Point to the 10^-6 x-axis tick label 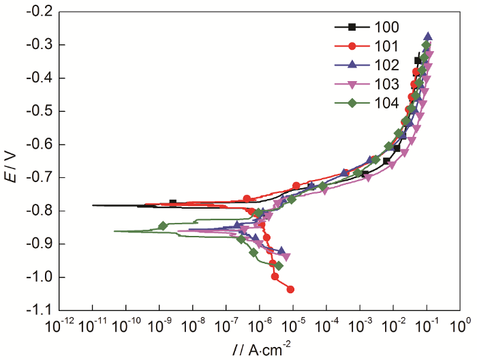pyautogui.click(x=260, y=324)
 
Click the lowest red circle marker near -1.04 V pyautogui.click(x=290, y=289)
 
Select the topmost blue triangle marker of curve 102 pyautogui.click(x=428, y=37)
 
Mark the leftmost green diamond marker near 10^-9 pyautogui.click(x=163, y=226)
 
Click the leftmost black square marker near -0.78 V pyautogui.click(x=172, y=203)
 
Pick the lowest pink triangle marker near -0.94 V pyautogui.click(x=286, y=257)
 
